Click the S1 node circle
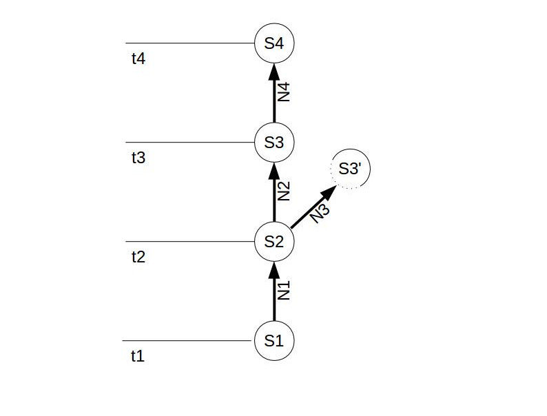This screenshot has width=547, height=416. click(x=274, y=340)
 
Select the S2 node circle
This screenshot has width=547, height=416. click(x=274, y=242)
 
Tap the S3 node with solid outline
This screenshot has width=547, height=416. click(x=274, y=143)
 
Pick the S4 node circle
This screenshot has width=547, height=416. click(x=274, y=43)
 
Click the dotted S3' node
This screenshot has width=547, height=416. click(x=351, y=169)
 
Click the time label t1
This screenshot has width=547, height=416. click(x=138, y=356)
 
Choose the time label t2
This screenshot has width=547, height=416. click(x=138, y=257)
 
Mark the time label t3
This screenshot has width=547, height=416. click(x=138, y=158)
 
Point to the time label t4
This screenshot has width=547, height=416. click(x=138, y=59)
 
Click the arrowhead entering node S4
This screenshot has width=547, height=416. click(x=274, y=72)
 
